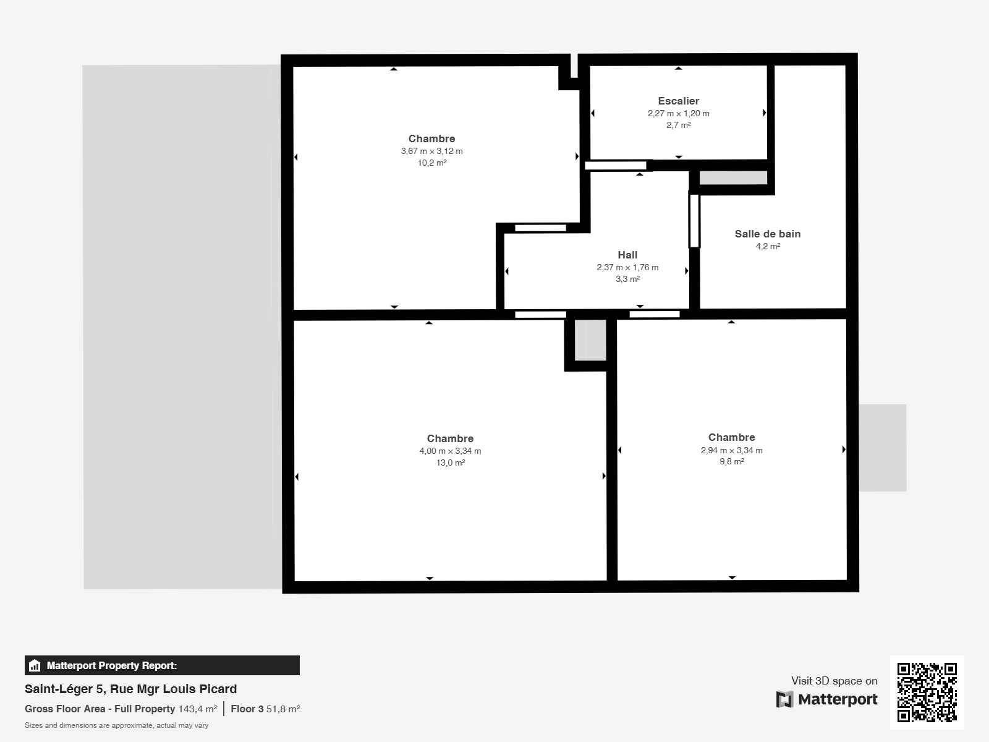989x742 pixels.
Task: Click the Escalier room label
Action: (x=678, y=101)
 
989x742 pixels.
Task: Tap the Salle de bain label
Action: (x=767, y=234)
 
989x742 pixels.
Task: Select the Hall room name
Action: (x=627, y=255)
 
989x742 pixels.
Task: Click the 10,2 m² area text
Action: (x=431, y=163)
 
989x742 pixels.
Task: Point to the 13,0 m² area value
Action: (x=450, y=463)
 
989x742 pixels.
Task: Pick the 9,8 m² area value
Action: (x=731, y=461)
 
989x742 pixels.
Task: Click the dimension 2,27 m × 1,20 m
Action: (x=678, y=114)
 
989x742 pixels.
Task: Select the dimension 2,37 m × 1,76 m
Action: (x=627, y=267)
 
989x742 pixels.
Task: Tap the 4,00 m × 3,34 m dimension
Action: (x=450, y=451)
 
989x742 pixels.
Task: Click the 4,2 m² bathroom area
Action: (x=767, y=246)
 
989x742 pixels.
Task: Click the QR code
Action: (x=927, y=692)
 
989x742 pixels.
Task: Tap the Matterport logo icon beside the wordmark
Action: (x=784, y=699)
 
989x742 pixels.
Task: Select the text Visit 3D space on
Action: (x=834, y=681)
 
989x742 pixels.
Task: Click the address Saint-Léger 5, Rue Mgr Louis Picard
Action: (x=130, y=689)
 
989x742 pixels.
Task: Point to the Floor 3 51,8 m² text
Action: (x=265, y=709)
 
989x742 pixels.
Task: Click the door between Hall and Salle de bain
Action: (x=694, y=221)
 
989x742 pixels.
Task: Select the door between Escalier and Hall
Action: (x=616, y=166)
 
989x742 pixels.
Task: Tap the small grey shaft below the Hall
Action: (x=590, y=339)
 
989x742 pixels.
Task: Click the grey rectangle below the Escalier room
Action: (x=733, y=177)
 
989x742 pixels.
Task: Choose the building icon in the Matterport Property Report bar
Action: (x=34, y=665)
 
